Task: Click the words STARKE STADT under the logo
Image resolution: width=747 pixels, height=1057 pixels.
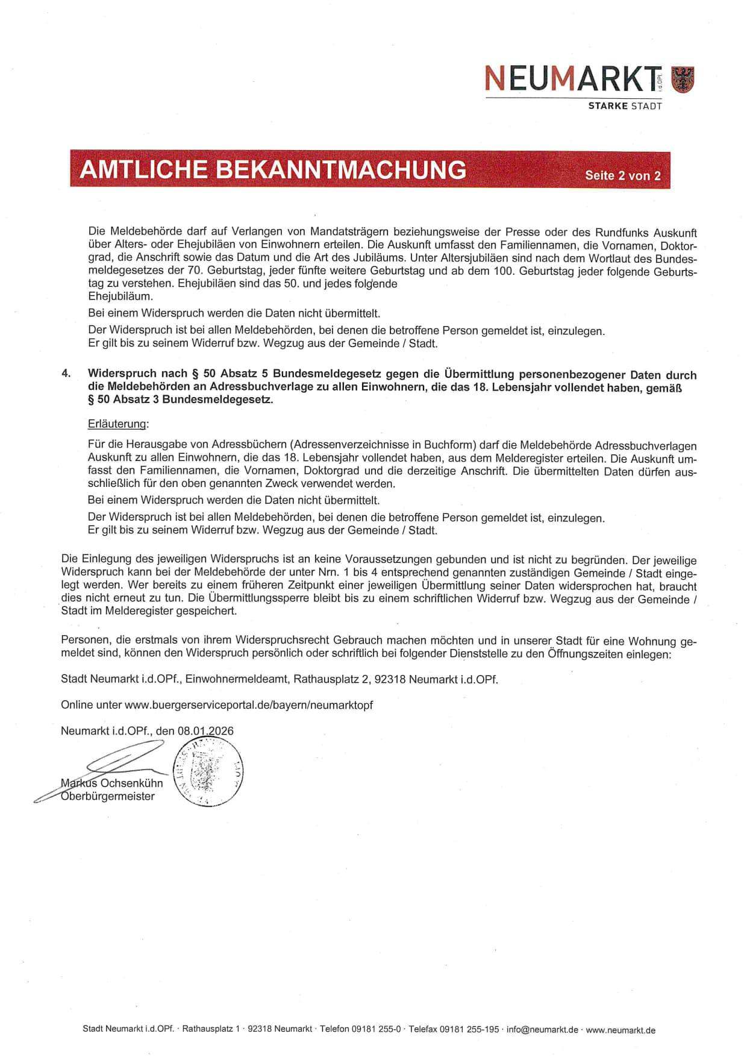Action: pos(625,106)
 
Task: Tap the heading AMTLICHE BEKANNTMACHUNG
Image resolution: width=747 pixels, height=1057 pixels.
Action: pos(273,169)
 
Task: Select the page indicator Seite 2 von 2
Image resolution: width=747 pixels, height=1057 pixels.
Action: pos(623,175)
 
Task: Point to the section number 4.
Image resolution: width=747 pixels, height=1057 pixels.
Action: pos(66,373)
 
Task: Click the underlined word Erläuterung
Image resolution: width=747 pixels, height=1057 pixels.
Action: pos(118,424)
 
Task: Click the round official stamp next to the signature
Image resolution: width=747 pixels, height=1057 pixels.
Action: pos(208,773)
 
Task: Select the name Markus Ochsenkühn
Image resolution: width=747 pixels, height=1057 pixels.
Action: pos(112,783)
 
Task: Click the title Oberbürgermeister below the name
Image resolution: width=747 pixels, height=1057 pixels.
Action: pos(108,796)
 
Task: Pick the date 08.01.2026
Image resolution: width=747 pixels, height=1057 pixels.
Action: pos(205,730)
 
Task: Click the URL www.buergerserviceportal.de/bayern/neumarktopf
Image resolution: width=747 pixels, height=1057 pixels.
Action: pos(249,704)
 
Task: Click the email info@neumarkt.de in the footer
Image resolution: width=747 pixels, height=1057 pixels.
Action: pos(542,1030)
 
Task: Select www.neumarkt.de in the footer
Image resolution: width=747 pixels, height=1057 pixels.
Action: pos(620,1030)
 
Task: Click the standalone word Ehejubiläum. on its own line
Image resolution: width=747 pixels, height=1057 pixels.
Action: pos(120,296)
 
